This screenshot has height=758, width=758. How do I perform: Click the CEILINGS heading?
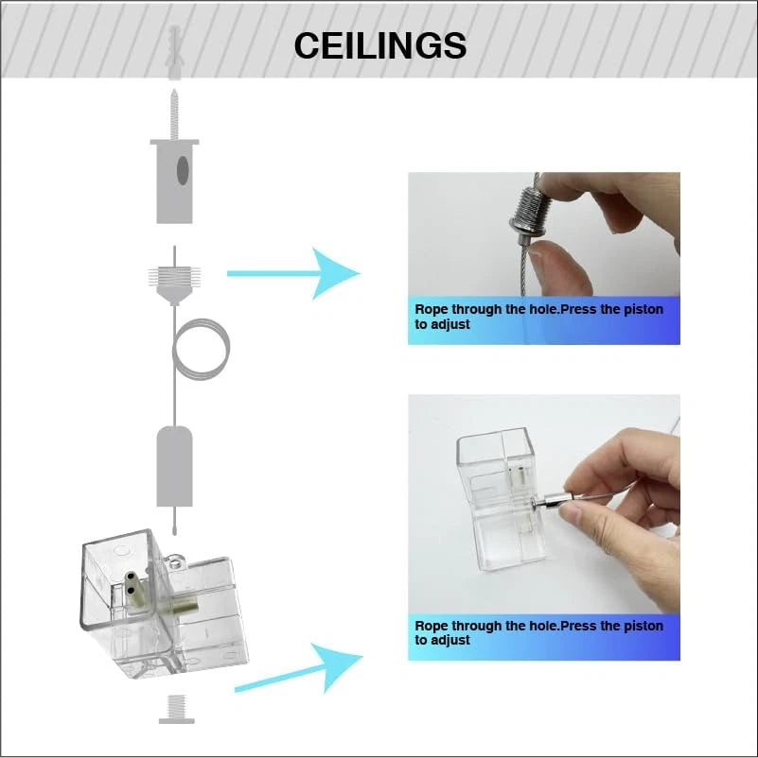pyautogui.click(x=380, y=45)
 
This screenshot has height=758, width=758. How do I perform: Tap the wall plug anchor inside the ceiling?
pyautogui.click(x=174, y=53)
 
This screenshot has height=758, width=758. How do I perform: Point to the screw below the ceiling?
pyautogui.click(x=174, y=114)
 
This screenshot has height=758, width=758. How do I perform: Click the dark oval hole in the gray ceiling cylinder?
pyautogui.click(x=183, y=170)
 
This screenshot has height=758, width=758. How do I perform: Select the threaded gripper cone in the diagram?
pyautogui.click(x=174, y=285)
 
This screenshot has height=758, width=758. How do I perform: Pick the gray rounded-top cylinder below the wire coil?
pyautogui.click(x=174, y=466)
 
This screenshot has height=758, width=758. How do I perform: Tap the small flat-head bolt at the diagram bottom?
pyautogui.click(x=177, y=709)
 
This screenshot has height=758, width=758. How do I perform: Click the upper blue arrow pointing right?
pyautogui.click(x=293, y=273)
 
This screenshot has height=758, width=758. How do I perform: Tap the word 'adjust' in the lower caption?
pyautogui.click(x=450, y=641)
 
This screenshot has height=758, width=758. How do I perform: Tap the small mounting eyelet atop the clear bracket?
pyautogui.click(x=173, y=561)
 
